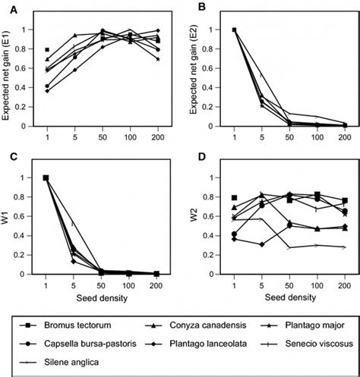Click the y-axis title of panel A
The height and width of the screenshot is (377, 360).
8,77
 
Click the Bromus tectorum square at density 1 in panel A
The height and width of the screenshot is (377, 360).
47,49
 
